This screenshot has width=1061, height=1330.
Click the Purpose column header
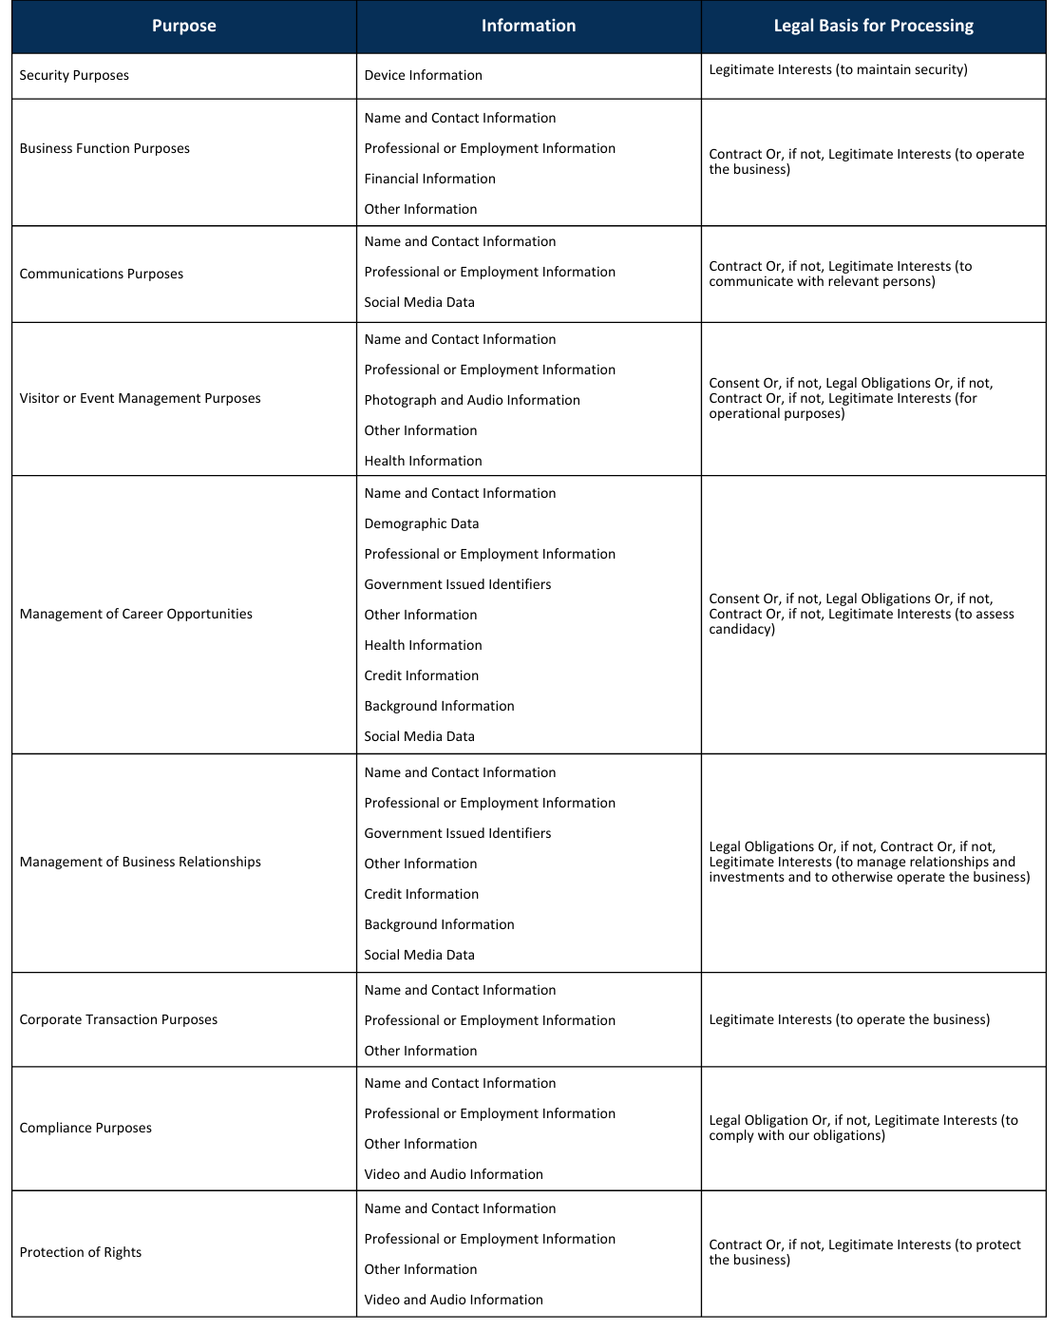[x=183, y=26]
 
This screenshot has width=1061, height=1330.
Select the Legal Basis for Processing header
[x=873, y=26]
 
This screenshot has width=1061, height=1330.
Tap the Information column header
[x=528, y=26]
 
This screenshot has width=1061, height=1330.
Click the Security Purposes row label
[x=74, y=75]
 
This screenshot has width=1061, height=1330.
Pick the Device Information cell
[x=423, y=75]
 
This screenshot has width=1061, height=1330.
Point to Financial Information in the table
[x=429, y=179]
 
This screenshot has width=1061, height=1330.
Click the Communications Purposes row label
[x=102, y=274]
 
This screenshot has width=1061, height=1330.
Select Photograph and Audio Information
[x=472, y=400]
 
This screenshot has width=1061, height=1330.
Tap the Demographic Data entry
[x=422, y=523]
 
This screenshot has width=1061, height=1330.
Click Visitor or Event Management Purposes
[x=140, y=398]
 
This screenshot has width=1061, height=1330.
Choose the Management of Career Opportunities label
[x=136, y=614]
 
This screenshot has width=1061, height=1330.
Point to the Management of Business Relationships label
[x=140, y=862]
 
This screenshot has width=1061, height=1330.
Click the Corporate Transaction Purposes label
[x=119, y=1019]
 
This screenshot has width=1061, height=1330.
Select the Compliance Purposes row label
[x=85, y=1128]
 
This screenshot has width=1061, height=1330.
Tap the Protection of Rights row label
[x=81, y=1252]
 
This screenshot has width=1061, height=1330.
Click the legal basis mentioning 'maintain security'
[x=838, y=69]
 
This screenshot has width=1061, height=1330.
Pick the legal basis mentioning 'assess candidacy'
[x=861, y=614]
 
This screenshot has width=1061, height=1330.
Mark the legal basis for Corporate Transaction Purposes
[x=849, y=1019]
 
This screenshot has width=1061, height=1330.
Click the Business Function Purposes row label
[x=104, y=148]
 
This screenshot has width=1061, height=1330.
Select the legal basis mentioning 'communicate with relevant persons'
[x=840, y=274]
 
